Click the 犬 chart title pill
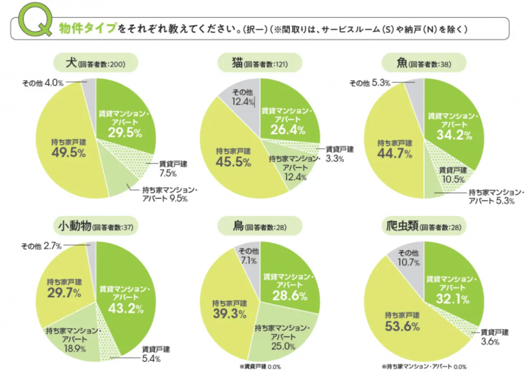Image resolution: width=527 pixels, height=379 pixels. tap(94, 63)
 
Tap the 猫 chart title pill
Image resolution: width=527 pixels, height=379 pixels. tap(260, 63)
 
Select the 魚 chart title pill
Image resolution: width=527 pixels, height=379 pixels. tap(424, 63)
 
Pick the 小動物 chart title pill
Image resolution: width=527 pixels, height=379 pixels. tap(94, 226)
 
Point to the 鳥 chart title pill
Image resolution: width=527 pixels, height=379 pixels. tap(260, 226)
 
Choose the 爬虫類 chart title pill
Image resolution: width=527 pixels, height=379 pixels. tap(424, 226)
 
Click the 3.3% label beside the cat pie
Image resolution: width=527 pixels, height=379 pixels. tap(336, 159)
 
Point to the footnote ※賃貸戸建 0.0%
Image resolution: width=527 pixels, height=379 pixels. tap(260, 366)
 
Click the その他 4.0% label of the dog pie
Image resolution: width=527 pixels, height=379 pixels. tap(42, 82)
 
